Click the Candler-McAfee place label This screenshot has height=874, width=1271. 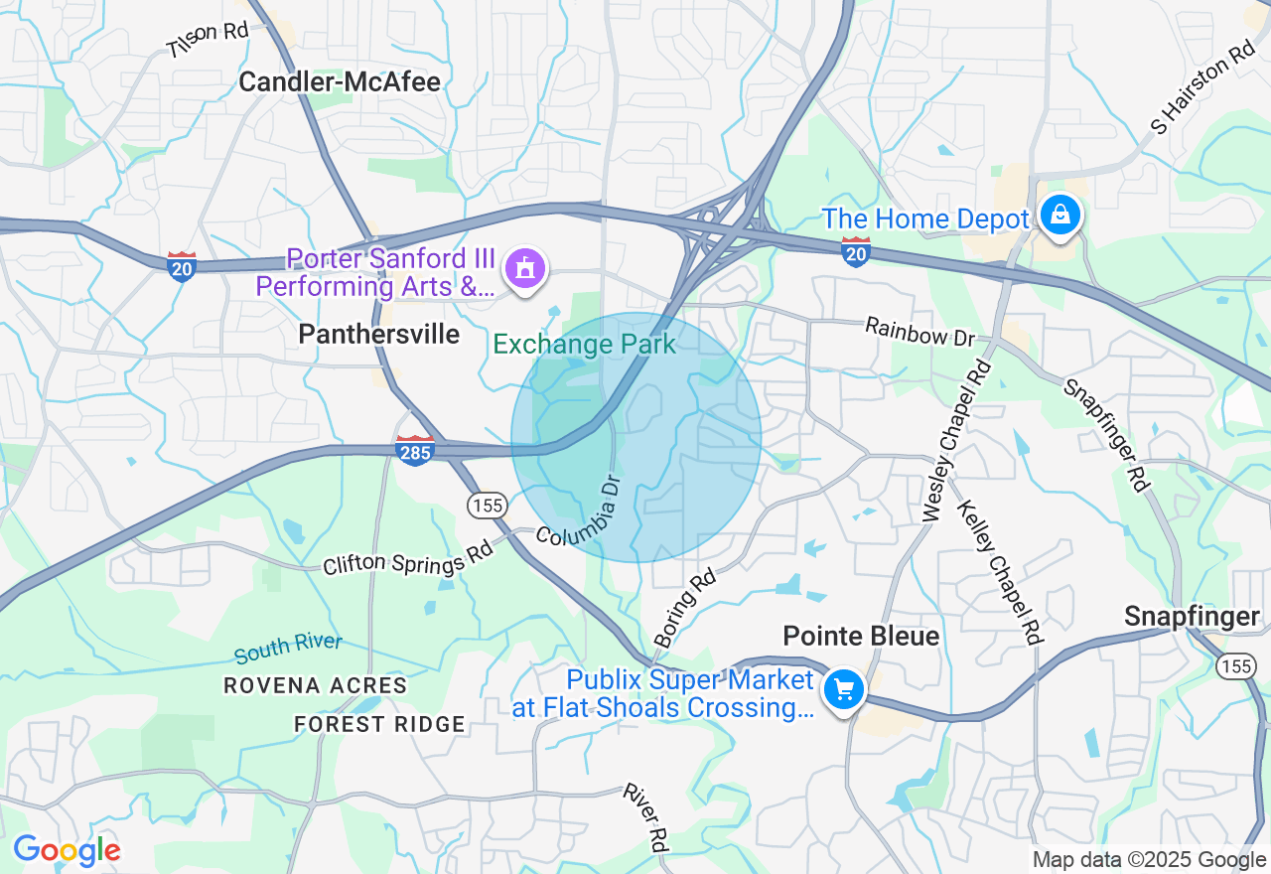point(340,81)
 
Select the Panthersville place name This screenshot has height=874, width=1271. point(378,335)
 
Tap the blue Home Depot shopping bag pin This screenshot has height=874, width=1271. point(1059,215)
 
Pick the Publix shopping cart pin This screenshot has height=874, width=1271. point(844,689)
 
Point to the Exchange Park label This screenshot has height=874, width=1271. point(584,345)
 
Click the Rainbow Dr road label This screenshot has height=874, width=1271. point(919,332)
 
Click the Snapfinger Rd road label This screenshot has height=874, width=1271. point(1106,435)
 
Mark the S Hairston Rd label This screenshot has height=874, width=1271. point(1202,87)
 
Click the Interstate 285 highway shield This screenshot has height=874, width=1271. point(414,450)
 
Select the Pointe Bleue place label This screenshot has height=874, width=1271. point(861,636)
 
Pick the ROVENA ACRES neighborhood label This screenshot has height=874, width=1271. point(315,685)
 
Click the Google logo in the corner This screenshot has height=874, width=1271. point(66,850)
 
